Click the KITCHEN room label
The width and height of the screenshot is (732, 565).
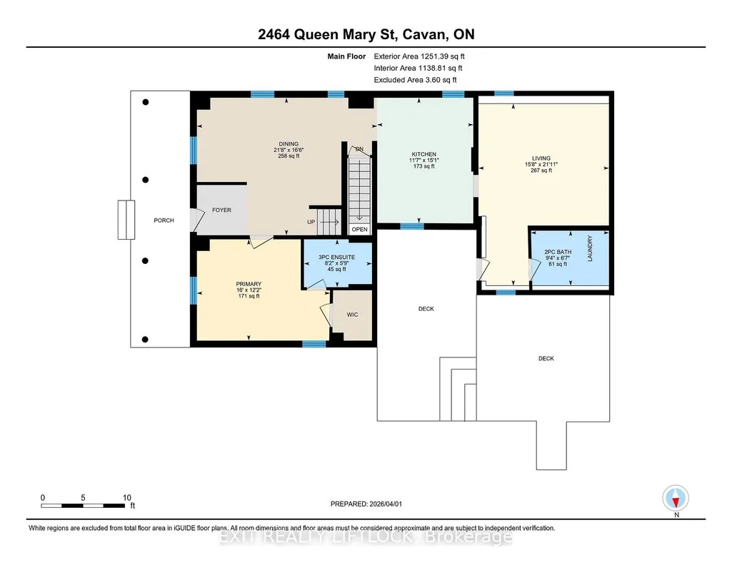424,154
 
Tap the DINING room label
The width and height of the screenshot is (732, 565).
289,144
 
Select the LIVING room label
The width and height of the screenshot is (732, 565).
541,158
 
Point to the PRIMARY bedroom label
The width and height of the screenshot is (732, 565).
249,284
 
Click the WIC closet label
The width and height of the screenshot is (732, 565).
353,315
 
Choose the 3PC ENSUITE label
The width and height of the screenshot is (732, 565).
336,258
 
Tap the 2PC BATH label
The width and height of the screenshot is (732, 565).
558,253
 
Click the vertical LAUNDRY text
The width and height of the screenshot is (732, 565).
590,248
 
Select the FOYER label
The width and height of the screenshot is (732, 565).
222,210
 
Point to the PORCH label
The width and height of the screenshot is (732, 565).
164,220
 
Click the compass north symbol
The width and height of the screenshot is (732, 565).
676,499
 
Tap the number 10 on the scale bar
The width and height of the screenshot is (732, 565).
127,498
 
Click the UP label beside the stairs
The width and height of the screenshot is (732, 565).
311,222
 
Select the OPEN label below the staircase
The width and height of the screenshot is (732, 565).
359,230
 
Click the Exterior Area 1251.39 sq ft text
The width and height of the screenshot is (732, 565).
419,56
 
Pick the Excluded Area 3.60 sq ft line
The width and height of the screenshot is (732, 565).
415,80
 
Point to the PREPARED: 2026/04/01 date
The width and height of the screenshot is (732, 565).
366,504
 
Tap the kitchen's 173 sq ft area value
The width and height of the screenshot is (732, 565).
424,166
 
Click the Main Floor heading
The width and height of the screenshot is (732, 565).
346,56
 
